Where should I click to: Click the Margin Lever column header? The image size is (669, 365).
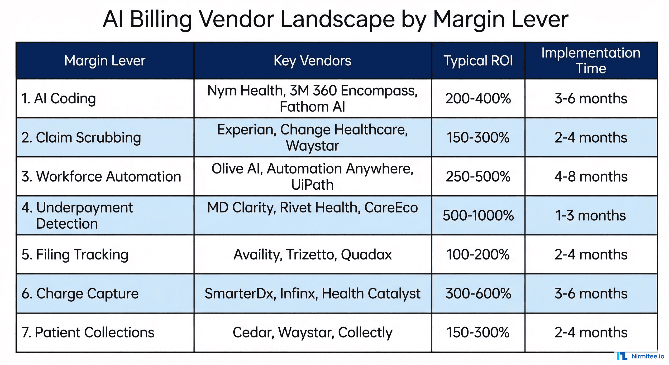[105, 61]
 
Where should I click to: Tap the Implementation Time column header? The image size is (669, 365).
[591, 61]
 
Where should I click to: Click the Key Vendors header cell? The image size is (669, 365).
[312, 61]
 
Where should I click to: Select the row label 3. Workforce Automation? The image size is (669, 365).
[101, 177]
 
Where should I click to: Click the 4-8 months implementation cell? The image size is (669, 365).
[591, 177]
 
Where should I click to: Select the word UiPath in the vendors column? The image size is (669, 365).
[312, 185]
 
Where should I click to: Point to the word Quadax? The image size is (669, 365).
[366, 255]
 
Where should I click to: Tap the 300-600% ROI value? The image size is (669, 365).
[478, 293]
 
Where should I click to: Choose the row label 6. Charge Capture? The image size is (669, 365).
[80, 293]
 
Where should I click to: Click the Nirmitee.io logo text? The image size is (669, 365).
[648, 356]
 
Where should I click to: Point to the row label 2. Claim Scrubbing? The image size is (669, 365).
[81, 138]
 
